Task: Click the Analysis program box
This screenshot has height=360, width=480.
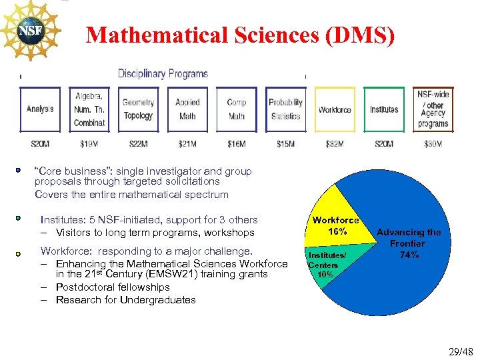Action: pos(41,109)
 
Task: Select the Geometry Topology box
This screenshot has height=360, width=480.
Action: pos(138,109)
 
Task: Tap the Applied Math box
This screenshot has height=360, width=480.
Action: pos(187,109)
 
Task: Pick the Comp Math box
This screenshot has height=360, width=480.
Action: pos(237,109)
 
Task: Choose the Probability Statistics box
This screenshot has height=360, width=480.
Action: pos(285,109)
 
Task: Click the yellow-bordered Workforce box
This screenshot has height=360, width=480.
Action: pos(335,109)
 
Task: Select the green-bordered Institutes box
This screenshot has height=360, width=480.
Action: pos(384,109)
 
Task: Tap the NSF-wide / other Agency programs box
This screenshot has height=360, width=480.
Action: pos(433,109)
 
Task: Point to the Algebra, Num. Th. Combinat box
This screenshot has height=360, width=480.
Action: pos(89,109)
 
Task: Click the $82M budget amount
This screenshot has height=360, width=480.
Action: pos(335,144)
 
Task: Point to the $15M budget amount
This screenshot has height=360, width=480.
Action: pos(285,144)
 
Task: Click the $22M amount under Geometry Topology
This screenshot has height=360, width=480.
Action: pos(138,144)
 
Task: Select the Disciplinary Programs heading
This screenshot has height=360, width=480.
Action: pos(163,74)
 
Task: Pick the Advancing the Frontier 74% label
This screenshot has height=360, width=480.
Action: pos(409,243)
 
